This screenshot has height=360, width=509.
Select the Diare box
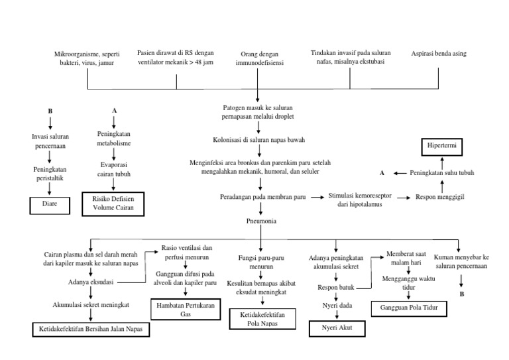coord(50,204)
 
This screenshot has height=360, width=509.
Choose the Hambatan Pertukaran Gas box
coord(186,310)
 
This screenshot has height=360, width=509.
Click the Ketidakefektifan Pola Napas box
coord(260,319)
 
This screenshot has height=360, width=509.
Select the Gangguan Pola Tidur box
coord(409,308)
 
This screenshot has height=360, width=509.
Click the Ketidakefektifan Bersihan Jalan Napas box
coord(92,329)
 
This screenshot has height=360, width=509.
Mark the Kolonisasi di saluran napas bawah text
coord(259,141)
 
